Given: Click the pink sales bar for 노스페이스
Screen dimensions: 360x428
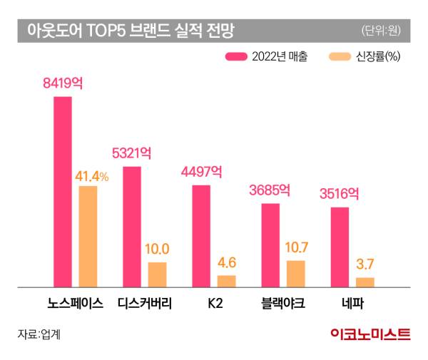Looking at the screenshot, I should tap(63, 191).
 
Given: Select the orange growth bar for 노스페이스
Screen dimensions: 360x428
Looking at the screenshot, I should tap(88, 236).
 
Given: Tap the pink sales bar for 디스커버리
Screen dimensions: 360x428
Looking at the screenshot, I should tap(132, 226).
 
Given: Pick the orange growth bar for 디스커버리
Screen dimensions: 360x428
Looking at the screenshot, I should tap(157, 274).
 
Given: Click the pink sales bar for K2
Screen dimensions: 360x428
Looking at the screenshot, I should tap(201, 235).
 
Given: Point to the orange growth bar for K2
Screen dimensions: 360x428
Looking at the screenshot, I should tap(226, 280).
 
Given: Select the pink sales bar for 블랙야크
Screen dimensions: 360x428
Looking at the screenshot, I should tap(270, 245).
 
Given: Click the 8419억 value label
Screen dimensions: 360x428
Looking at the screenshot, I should tap(63, 83).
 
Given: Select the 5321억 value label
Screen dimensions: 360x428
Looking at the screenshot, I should tap(132, 153).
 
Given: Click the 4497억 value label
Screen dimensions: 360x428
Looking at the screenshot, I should tap(201, 172).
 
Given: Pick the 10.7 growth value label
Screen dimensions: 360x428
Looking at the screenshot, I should tap(295, 248).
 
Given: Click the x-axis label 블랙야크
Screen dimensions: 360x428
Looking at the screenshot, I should tap(282, 303).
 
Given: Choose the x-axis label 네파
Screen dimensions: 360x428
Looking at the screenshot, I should tap(352, 303).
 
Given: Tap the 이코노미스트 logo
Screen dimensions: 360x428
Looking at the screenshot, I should tap(370, 334).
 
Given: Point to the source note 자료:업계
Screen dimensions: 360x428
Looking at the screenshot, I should tap(39, 334).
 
